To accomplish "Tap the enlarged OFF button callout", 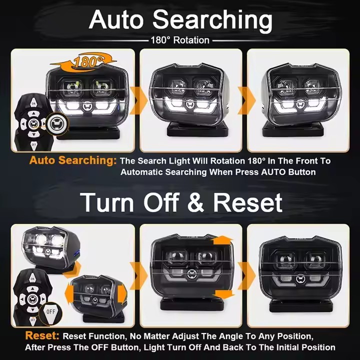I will pos(50,311).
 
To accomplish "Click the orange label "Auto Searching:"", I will pos(73,161).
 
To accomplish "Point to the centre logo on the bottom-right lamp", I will pos(300,278).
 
